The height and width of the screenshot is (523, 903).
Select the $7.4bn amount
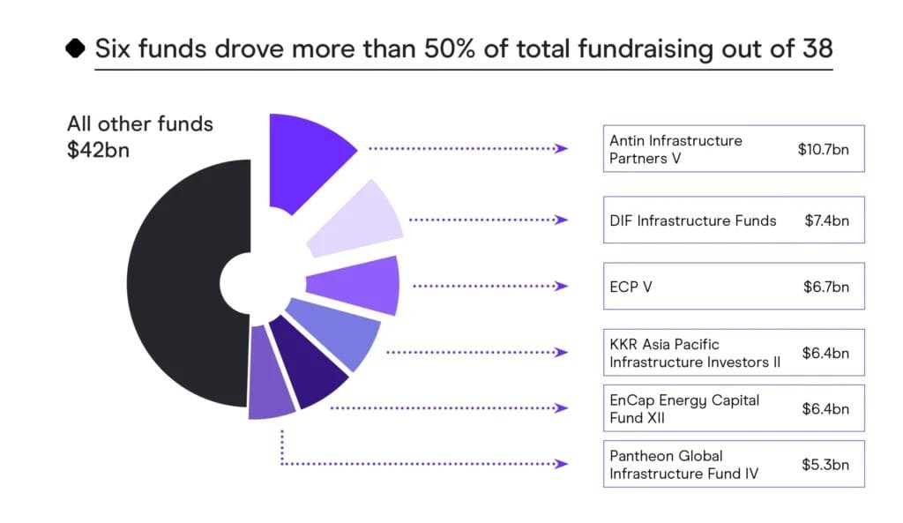(826, 220)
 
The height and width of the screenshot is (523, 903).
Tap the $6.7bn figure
(826, 287)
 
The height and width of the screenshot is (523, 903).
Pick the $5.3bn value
(826, 464)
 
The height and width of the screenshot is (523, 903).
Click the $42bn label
(99, 149)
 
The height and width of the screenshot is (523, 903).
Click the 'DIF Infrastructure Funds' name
(693, 220)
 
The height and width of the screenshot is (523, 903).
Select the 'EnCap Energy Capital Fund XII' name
(684, 408)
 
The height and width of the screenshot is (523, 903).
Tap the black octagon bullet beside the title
(76, 48)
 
